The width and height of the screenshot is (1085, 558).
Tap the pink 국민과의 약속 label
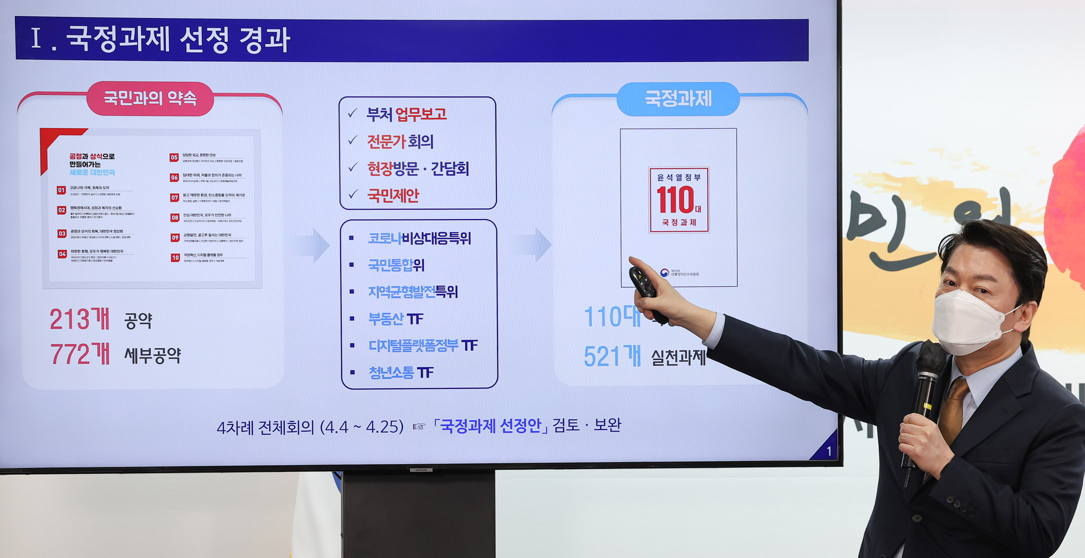150,98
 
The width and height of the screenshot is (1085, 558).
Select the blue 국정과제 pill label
678,99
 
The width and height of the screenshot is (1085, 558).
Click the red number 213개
80,319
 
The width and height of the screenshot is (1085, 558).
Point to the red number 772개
80,354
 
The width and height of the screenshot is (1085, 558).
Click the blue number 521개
612,356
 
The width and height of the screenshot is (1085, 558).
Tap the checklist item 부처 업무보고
406,114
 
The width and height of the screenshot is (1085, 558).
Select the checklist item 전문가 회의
400,142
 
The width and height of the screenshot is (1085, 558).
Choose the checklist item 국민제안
393,195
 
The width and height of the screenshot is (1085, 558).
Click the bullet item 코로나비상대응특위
419,238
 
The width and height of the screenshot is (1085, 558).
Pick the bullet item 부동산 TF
395,319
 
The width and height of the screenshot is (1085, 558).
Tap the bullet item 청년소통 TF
401,373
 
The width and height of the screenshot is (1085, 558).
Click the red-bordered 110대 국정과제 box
679,200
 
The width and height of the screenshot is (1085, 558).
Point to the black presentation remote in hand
646,290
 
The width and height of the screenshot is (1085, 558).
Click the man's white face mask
971,322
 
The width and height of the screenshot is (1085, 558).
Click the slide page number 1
828,451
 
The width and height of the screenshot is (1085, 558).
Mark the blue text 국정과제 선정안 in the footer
490,426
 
